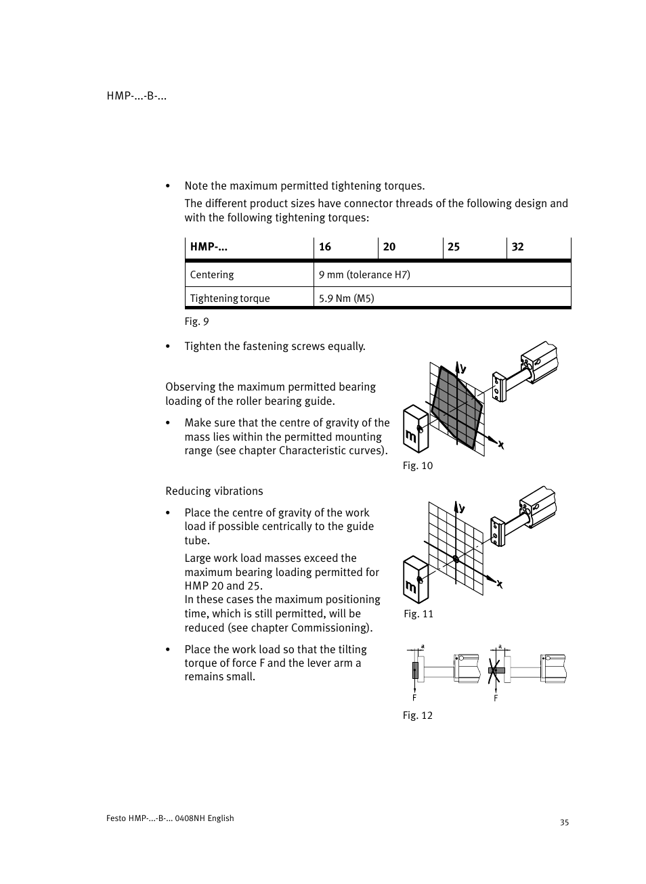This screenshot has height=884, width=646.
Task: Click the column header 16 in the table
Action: pyautogui.click(x=325, y=247)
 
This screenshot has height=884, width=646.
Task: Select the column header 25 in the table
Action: pyautogui.click(x=454, y=247)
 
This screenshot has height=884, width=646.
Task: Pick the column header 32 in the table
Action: pyautogui.click(x=518, y=247)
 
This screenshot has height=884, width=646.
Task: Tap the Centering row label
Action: pyautogui.click(x=212, y=275)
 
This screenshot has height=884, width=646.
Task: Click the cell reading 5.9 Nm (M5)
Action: pyautogui.click(x=347, y=299)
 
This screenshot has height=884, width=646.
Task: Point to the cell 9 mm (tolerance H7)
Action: pyautogui.click(x=364, y=275)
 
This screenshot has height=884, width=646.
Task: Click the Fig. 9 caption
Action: pyautogui.click(x=196, y=322)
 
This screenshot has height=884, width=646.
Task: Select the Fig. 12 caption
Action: pyautogui.click(x=417, y=715)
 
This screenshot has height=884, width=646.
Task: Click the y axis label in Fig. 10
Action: pyautogui.click(x=464, y=369)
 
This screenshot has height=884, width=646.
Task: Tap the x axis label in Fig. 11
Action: pyautogui.click(x=500, y=584)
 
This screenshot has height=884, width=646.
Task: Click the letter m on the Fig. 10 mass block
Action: pyautogui.click(x=410, y=437)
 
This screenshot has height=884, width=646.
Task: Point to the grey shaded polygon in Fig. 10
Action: pyautogui.click(x=457, y=406)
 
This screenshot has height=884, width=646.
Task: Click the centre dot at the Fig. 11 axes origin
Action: pyautogui.click(x=456, y=559)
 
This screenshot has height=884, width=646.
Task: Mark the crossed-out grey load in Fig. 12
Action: pyautogui.click(x=496, y=671)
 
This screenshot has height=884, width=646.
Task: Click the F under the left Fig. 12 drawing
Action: pyautogui.click(x=414, y=698)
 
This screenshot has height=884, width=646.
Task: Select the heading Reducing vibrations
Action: pyautogui.click(x=214, y=491)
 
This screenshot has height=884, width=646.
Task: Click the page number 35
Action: pyautogui.click(x=565, y=822)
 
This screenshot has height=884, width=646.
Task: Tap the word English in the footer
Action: pyautogui.click(x=221, y=818)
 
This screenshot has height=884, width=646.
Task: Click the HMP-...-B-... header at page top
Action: pyautogui.click(x=137, y=96)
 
